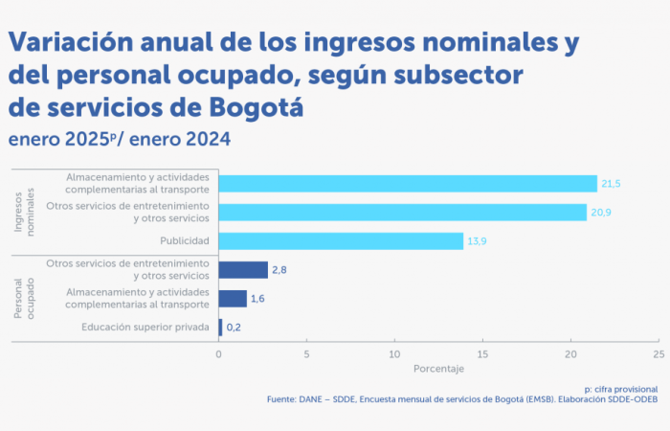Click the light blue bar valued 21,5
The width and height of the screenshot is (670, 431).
point(408,183)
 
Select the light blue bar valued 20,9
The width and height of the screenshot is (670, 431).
point(402,212)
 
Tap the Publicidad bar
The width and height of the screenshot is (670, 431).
point(341,240)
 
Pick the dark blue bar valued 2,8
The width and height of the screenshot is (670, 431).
point(243,270)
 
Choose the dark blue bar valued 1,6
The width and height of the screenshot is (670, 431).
point(233,299)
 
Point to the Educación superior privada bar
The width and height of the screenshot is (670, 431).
point(220,328)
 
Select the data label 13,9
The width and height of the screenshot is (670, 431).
point(478,240)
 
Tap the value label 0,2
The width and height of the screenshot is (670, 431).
point(234,328)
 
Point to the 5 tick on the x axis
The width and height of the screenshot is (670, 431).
point(306,353)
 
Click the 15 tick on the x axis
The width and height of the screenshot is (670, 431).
point(482,353)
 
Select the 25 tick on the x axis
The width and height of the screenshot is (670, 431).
point(658,353)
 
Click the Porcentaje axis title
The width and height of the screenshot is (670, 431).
point(438,369)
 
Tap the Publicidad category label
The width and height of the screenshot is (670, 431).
point(184,240)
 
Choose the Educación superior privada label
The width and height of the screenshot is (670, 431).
point(145,328)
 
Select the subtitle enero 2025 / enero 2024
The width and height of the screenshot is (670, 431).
point(120,139)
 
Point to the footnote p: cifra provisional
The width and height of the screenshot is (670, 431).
point(620,389)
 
